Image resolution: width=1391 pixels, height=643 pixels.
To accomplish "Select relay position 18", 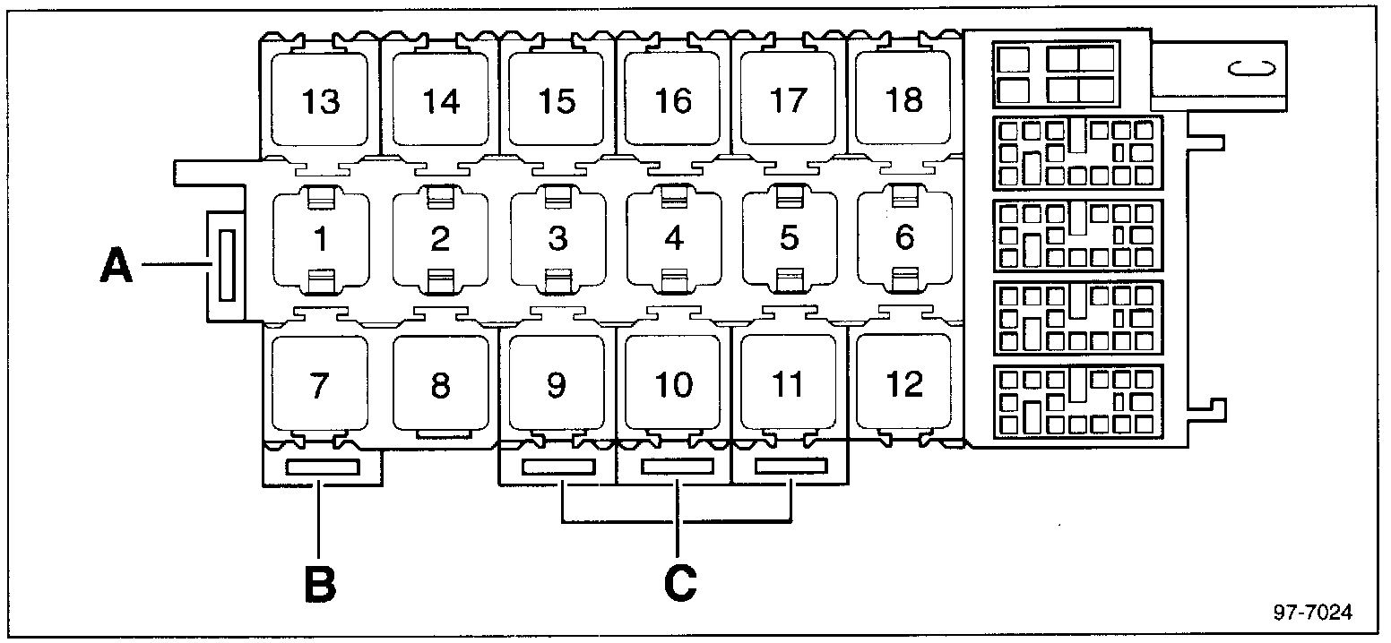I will (x=903, y=99).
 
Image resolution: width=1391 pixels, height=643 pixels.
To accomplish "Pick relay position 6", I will (x=904, y=239).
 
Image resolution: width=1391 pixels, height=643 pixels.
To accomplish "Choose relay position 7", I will (x=320, y=385).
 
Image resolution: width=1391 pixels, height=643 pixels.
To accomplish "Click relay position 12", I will (x=903, y=383).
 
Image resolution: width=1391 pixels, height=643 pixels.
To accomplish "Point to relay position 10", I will (x=673, y=385).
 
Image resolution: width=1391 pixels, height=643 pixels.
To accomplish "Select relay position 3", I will (x=557, y=240).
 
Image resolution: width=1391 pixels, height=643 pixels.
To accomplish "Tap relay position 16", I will (x=673, y=100).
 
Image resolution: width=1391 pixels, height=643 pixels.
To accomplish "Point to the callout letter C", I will (x=679, y=582).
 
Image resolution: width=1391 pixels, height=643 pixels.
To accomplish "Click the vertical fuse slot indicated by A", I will (x=223, y=266).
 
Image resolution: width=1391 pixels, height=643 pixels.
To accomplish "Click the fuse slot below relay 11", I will (x=791, y=467).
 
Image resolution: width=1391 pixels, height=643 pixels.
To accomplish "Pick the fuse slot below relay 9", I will (x=558, y=467).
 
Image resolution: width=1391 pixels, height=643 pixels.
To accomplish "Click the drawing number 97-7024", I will (x=1312, y=613).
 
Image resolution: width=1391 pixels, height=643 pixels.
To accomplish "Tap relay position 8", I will (x=439, y=385).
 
